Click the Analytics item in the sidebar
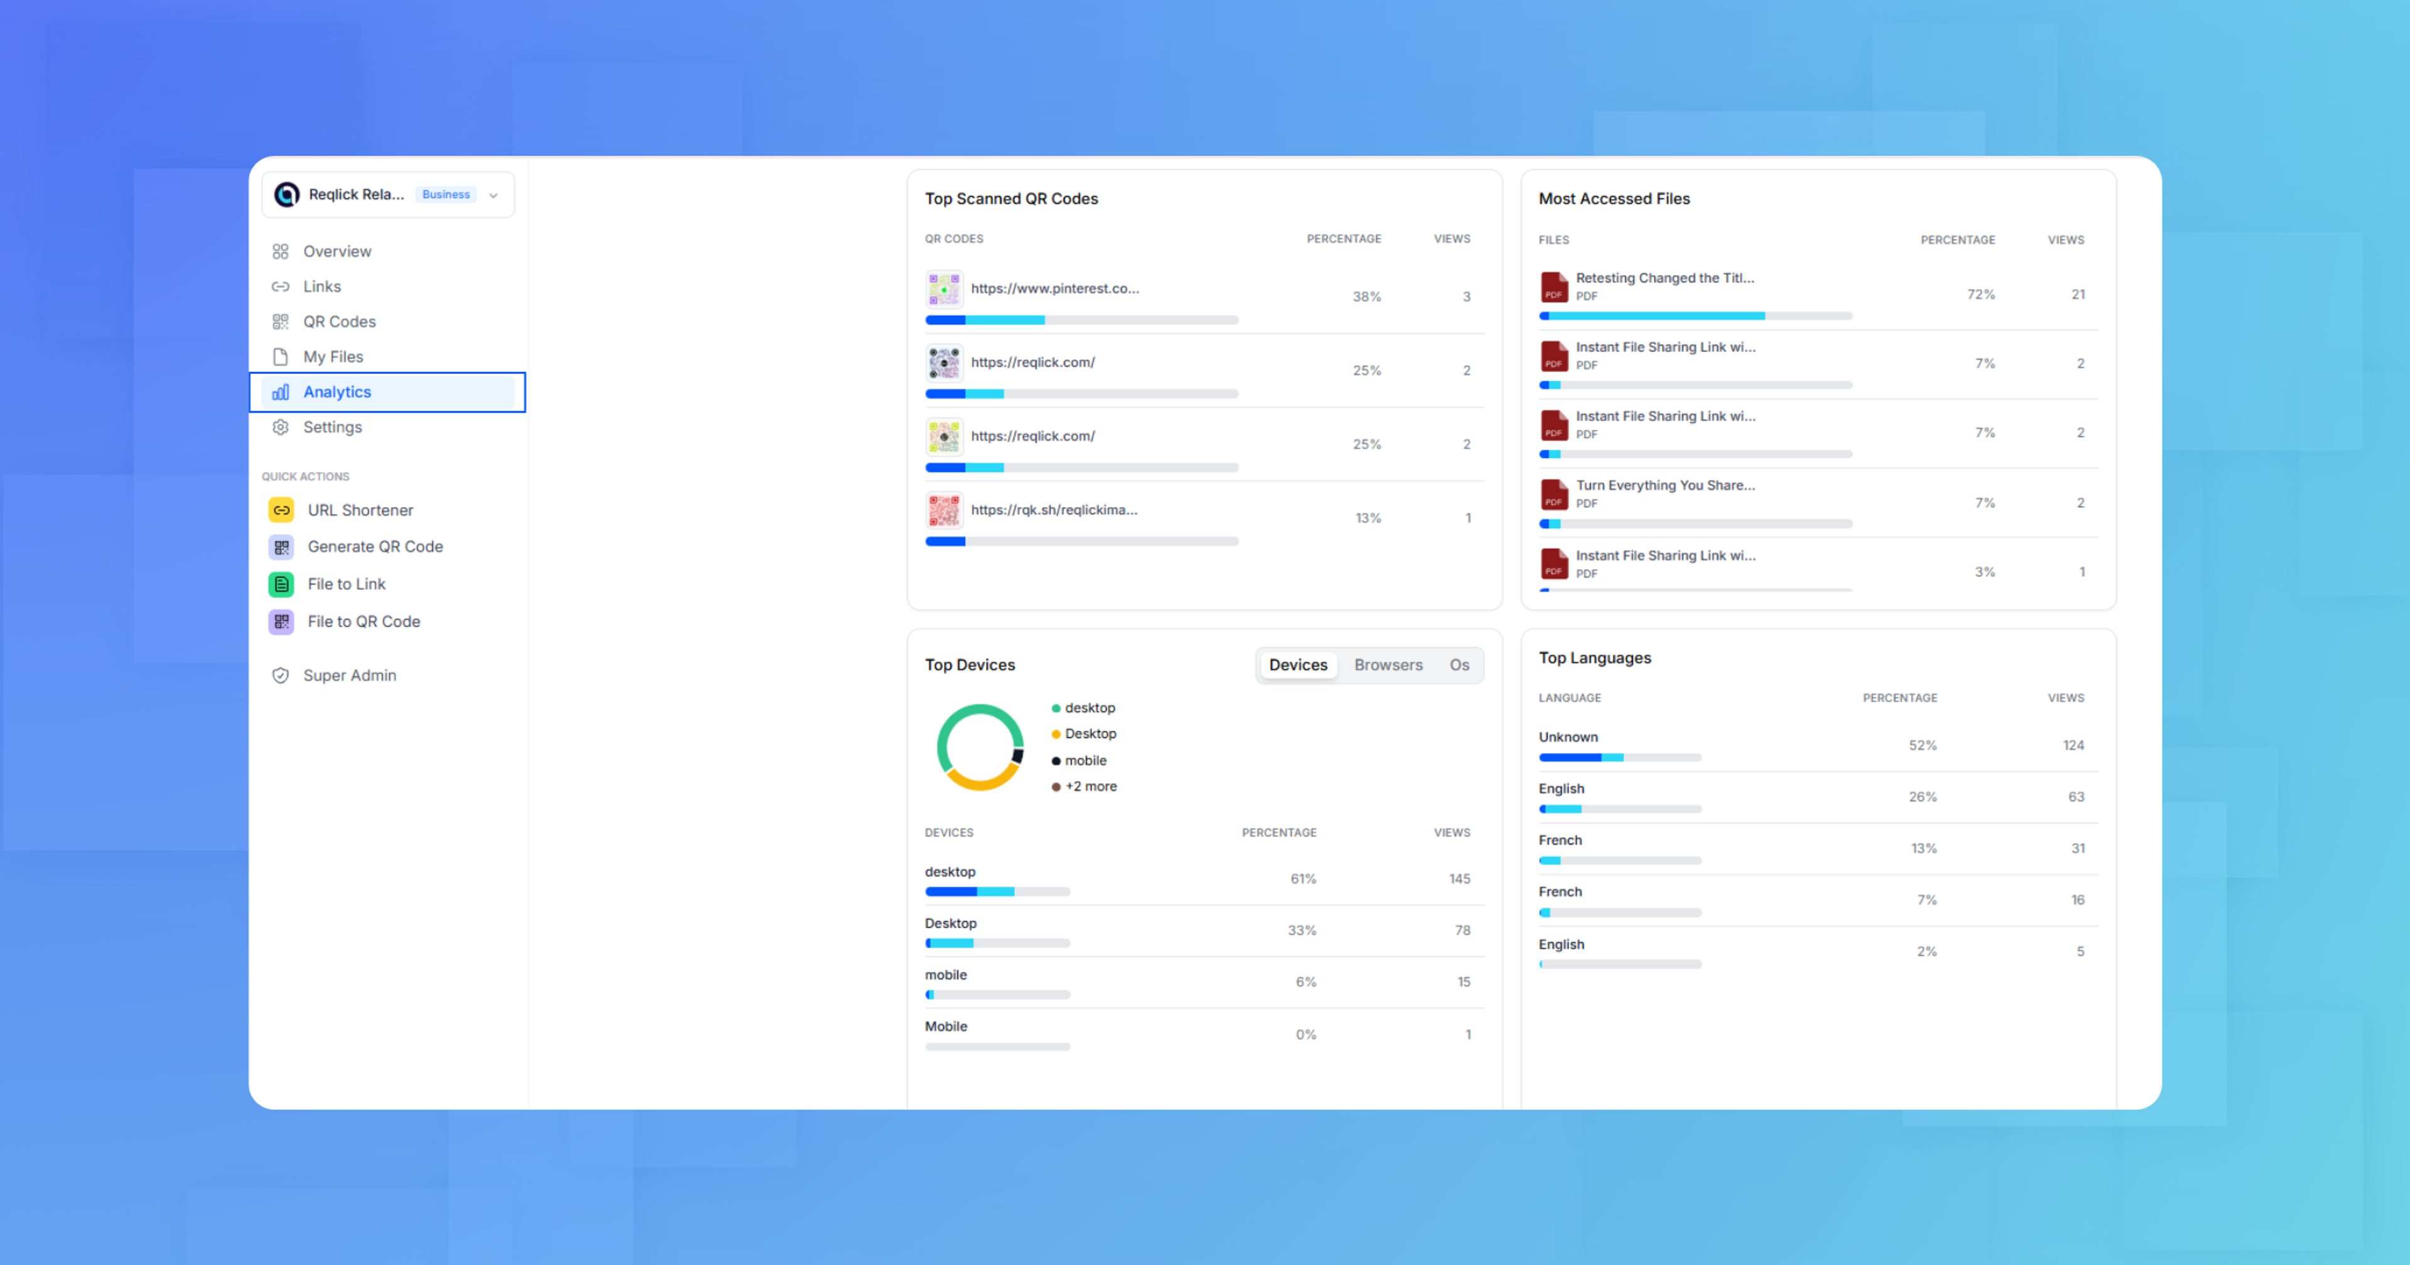[337, 392]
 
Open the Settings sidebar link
[332, 427]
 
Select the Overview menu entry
[337, 251]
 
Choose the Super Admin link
[349, 675]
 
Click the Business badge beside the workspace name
[446, 195]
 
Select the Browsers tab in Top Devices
[1388, 665]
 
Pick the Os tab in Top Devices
[1459, 665]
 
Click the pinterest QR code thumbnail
[944, 289]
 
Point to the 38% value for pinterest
[1366, 297]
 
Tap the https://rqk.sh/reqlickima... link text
[1054, 510]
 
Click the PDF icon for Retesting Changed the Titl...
[1554, 286]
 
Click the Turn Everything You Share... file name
[1664, 484]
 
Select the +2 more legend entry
[1090, 786]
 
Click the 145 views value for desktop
[1459, 878]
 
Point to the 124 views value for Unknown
[2072, 745]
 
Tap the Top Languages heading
[1594, 658]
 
